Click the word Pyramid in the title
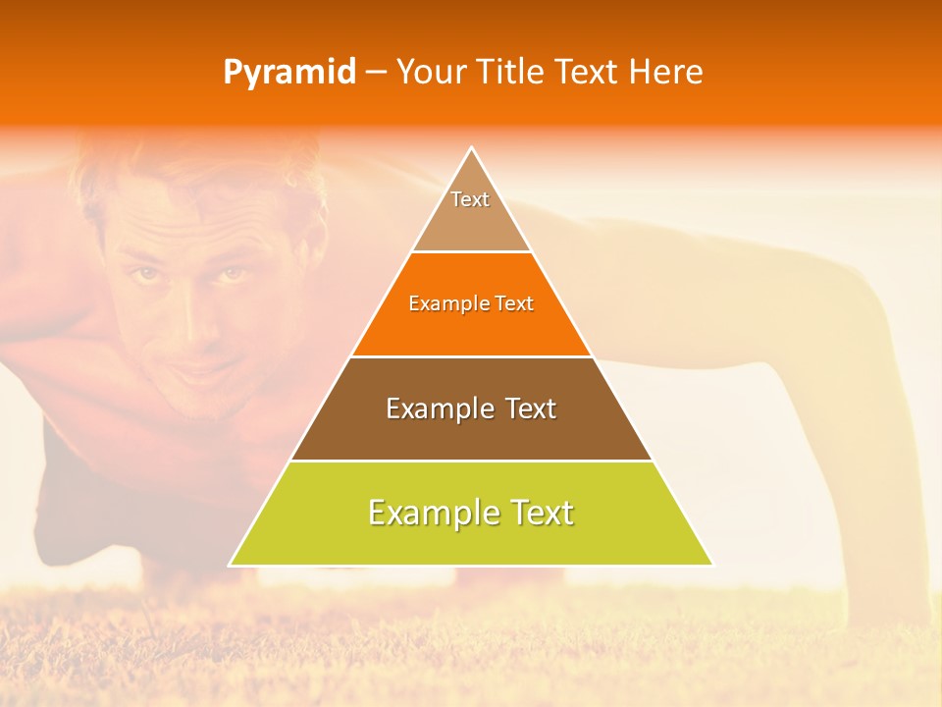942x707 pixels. [x=288, y=73]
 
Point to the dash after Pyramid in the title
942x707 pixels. [x=376, y=73]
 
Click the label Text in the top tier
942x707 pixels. [x=470, y=199]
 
